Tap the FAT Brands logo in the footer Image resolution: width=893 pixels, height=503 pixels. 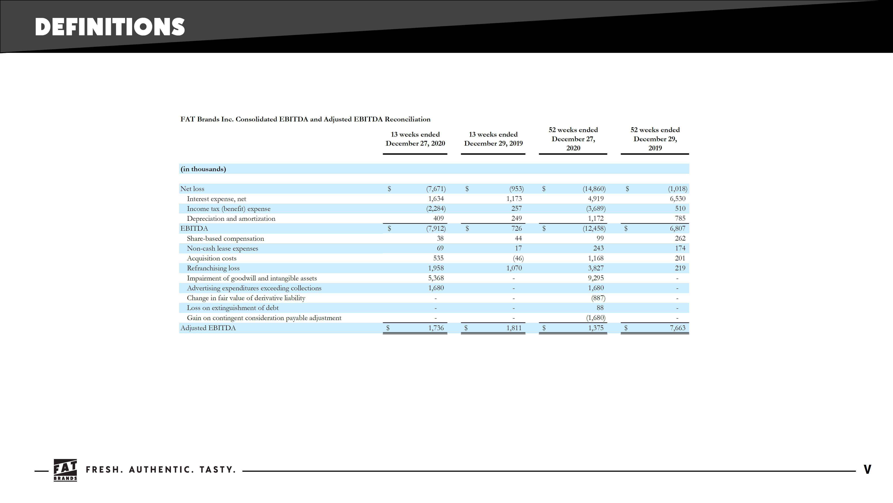tap(65, 470)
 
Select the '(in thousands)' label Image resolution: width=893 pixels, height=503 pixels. tap(203, 169)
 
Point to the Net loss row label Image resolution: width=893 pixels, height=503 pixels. tap(192, 189)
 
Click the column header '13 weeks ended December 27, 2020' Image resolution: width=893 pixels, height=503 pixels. tap(415, 139)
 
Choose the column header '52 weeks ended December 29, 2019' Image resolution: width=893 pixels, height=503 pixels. tap(655, 139)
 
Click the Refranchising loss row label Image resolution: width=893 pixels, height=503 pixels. tap(213, 268)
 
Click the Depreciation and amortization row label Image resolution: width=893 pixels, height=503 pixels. tap(231, 219)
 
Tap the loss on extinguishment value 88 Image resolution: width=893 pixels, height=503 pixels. tap(600, 308)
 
